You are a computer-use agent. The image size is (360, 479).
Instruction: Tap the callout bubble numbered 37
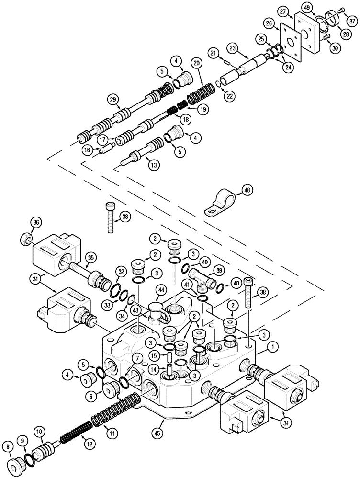click(352, 21)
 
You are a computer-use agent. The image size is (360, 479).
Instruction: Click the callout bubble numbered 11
click(111, 433)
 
